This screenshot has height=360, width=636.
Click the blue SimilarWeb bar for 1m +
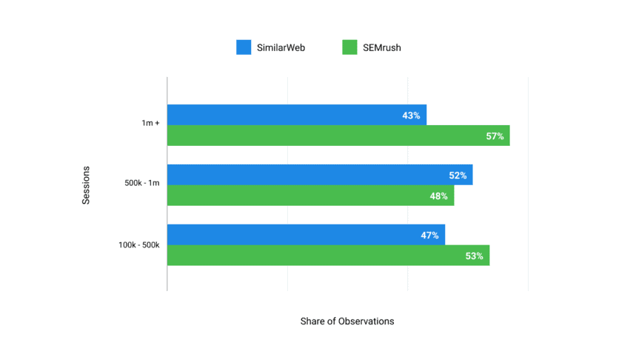pos(296,115)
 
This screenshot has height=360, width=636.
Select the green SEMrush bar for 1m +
pos(338,136)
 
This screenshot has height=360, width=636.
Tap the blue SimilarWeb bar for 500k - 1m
pos(319,175)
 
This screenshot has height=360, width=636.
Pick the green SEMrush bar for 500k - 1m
pos(309,196)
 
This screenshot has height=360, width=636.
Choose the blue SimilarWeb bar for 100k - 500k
pos(305,235)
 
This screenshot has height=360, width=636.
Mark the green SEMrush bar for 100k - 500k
pos(327,256)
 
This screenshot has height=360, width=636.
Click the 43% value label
pos(411,116)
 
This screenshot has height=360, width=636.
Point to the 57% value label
pos(495,136)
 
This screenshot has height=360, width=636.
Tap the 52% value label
pos(458,176)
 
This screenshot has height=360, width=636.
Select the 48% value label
pos(438,196)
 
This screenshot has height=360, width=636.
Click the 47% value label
pos(429,236)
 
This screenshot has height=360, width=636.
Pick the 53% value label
pos(474,256)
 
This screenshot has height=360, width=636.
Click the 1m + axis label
pos(150,123)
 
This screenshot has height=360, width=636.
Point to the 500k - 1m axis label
pos(142,183)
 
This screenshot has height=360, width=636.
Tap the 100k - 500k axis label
pos(139,244)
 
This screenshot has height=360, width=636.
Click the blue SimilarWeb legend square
pos(244,47)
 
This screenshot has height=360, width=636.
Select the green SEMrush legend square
pos(349,47)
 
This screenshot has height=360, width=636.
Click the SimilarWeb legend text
pos(281,48)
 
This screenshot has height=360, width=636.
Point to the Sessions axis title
pos(86,184)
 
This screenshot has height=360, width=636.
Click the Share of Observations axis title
pos(347,321)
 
